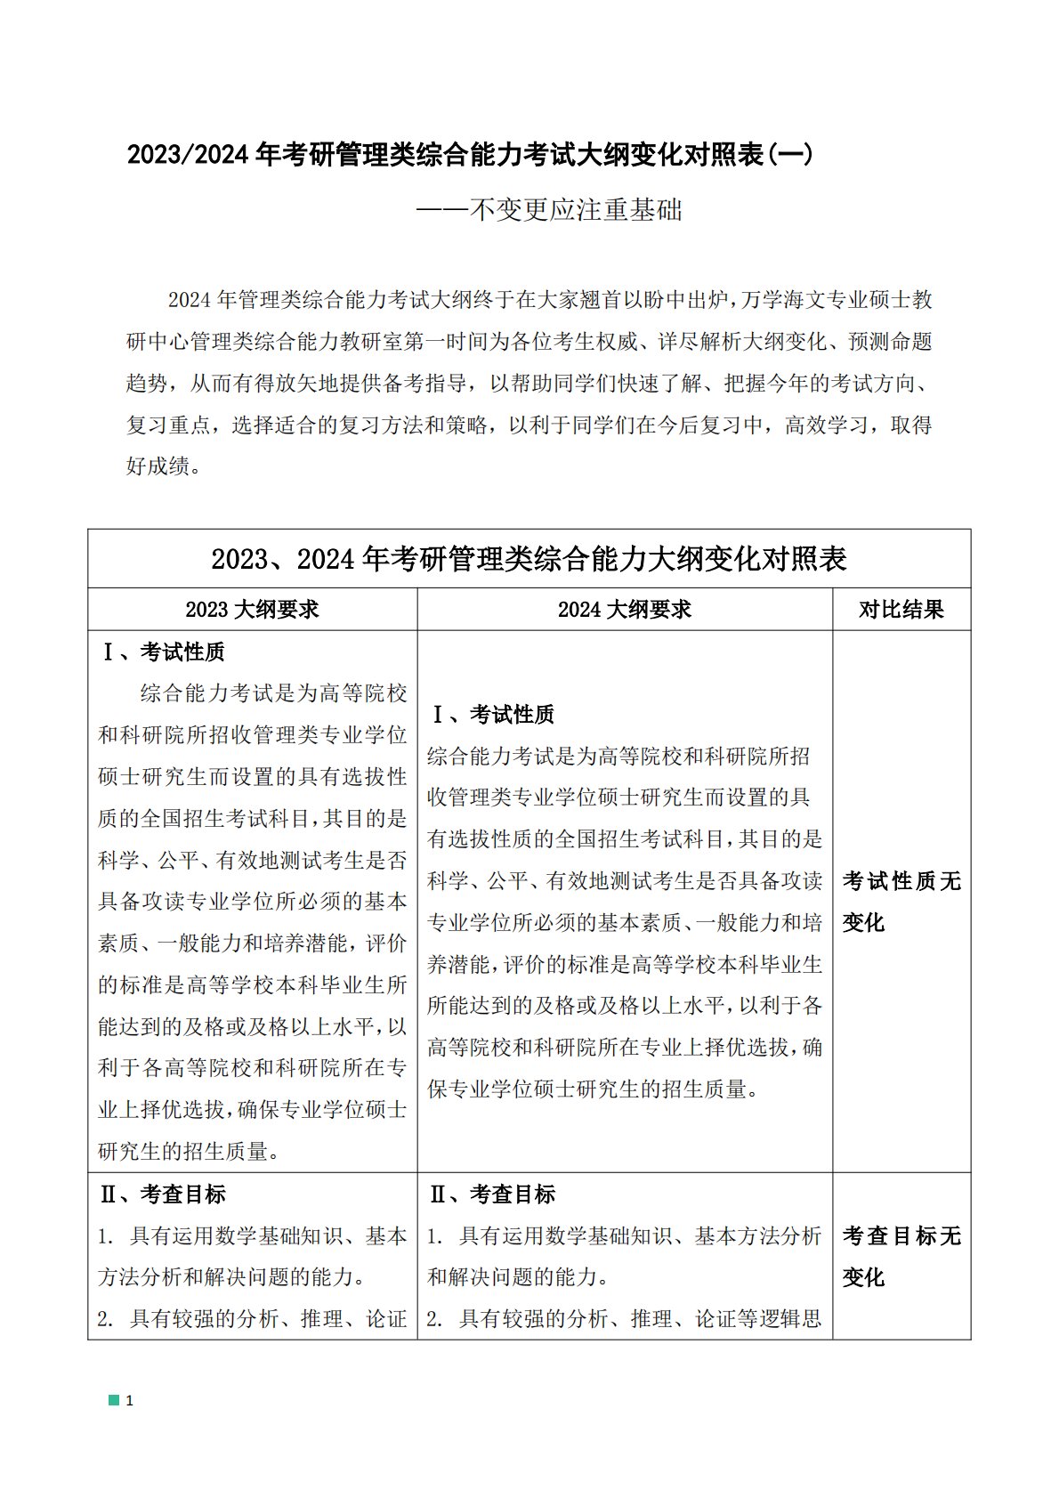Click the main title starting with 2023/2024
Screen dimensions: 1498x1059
(x=469, y=155)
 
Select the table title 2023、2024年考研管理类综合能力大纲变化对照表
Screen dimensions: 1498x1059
(x=529, y=559)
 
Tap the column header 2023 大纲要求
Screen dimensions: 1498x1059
(x=252, y=610)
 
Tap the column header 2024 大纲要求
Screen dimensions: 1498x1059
(x=624, y=610)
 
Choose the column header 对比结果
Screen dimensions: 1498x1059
(x=901, y=610)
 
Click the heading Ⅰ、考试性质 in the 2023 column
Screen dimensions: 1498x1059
(x=164, y=652)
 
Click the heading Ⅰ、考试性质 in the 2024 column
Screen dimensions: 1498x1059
(x=492, y=715)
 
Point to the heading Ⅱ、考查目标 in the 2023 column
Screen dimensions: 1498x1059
(x=164, y=1194)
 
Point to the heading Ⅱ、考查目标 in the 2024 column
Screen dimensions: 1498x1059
(x=492, y=1194)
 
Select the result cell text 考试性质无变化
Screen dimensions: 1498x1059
(x=901, y=901)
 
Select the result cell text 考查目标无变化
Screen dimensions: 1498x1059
(x=901, y=1256)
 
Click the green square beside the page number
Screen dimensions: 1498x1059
(x=114, y=1400)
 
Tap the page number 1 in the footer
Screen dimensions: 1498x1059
(x=130, y=1401)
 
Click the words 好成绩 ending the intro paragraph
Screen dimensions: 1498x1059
(x=158, y=466)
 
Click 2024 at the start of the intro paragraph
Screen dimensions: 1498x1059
(x=188, y=300)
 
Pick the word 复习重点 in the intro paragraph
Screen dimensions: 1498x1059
(x=168, y=425)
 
